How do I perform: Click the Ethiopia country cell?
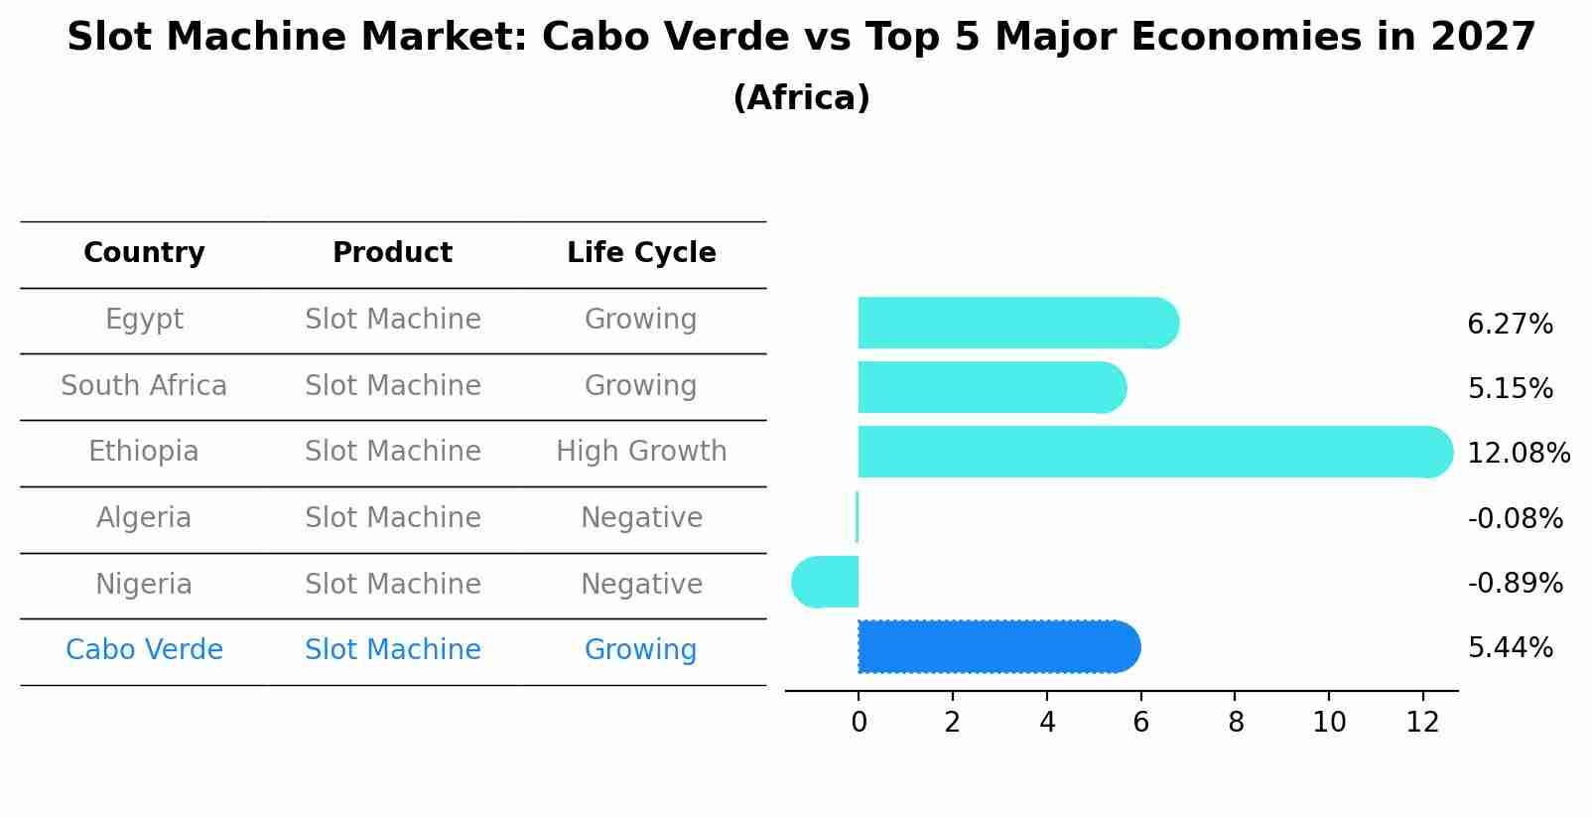[144, 452]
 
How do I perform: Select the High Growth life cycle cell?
[641, 452]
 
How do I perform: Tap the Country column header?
[144, 253]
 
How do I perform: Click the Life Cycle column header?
[641, 253]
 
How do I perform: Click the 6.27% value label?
[1510, 325]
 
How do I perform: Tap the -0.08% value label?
[1515, 518]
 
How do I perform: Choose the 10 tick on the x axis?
[1329, 723]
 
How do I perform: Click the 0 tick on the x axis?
[859, 723]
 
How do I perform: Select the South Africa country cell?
[144, 386]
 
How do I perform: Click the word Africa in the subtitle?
[801, 98]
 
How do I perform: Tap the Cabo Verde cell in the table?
[144, 650]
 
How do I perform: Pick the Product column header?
[392, 253]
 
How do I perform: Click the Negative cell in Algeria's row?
[641, 518]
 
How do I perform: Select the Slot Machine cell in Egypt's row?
[392, 320]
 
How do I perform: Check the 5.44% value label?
[1510, 648]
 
